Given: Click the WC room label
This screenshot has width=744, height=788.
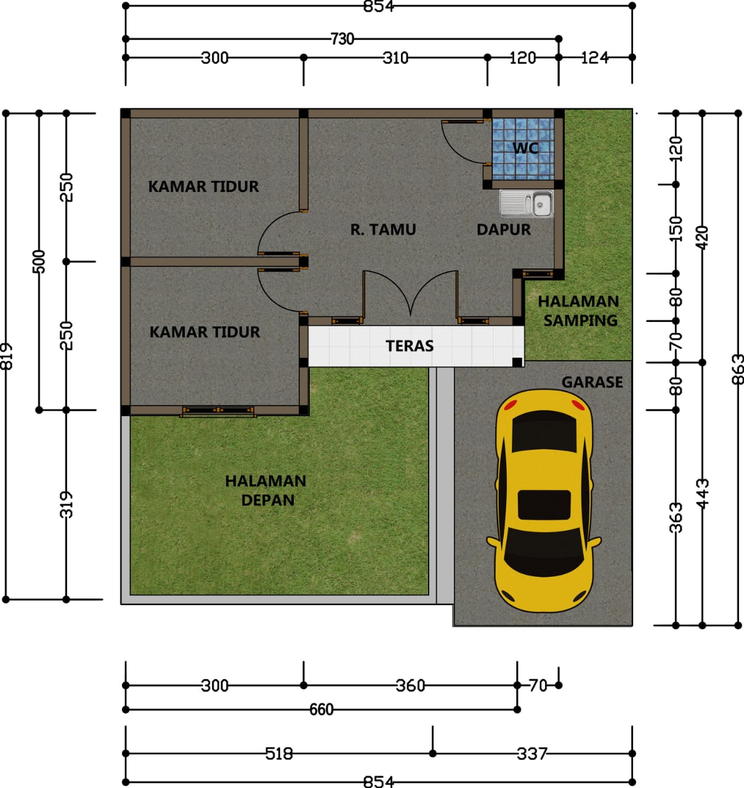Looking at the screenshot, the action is tap(525, 148).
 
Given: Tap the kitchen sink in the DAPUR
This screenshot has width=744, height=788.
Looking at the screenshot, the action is tap(526, 204).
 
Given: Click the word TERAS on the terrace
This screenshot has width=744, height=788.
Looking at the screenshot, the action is tap(410, 346).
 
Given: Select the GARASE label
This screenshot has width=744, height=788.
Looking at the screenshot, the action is tap(592, 382).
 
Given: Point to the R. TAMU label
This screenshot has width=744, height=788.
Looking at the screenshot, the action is tap(383, 230).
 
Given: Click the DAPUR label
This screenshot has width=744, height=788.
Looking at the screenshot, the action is tap(503, 230).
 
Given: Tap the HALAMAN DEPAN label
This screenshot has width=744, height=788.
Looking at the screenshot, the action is tap(265, 491).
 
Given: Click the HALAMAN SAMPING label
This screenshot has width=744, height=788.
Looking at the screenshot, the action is tap(578, 311).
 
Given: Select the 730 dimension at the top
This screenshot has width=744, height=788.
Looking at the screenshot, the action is tap(342, 39).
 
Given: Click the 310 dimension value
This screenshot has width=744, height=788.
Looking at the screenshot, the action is tap(395, 58).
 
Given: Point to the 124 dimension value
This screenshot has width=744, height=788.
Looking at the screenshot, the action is tap(595, 58).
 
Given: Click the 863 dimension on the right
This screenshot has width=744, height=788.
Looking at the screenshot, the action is tap(738, 369).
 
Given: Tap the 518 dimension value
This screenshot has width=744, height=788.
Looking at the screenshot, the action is tap(279, 754).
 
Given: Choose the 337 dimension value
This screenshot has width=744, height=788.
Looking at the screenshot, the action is tap(532, 754).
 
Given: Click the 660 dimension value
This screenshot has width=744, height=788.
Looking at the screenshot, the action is tap(321, 709).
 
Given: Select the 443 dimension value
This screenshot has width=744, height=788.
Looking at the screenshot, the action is tap(702, 494).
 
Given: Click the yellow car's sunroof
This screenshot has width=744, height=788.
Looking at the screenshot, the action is tap(544, 505).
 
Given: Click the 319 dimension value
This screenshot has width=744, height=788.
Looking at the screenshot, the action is tap(67, 505).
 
